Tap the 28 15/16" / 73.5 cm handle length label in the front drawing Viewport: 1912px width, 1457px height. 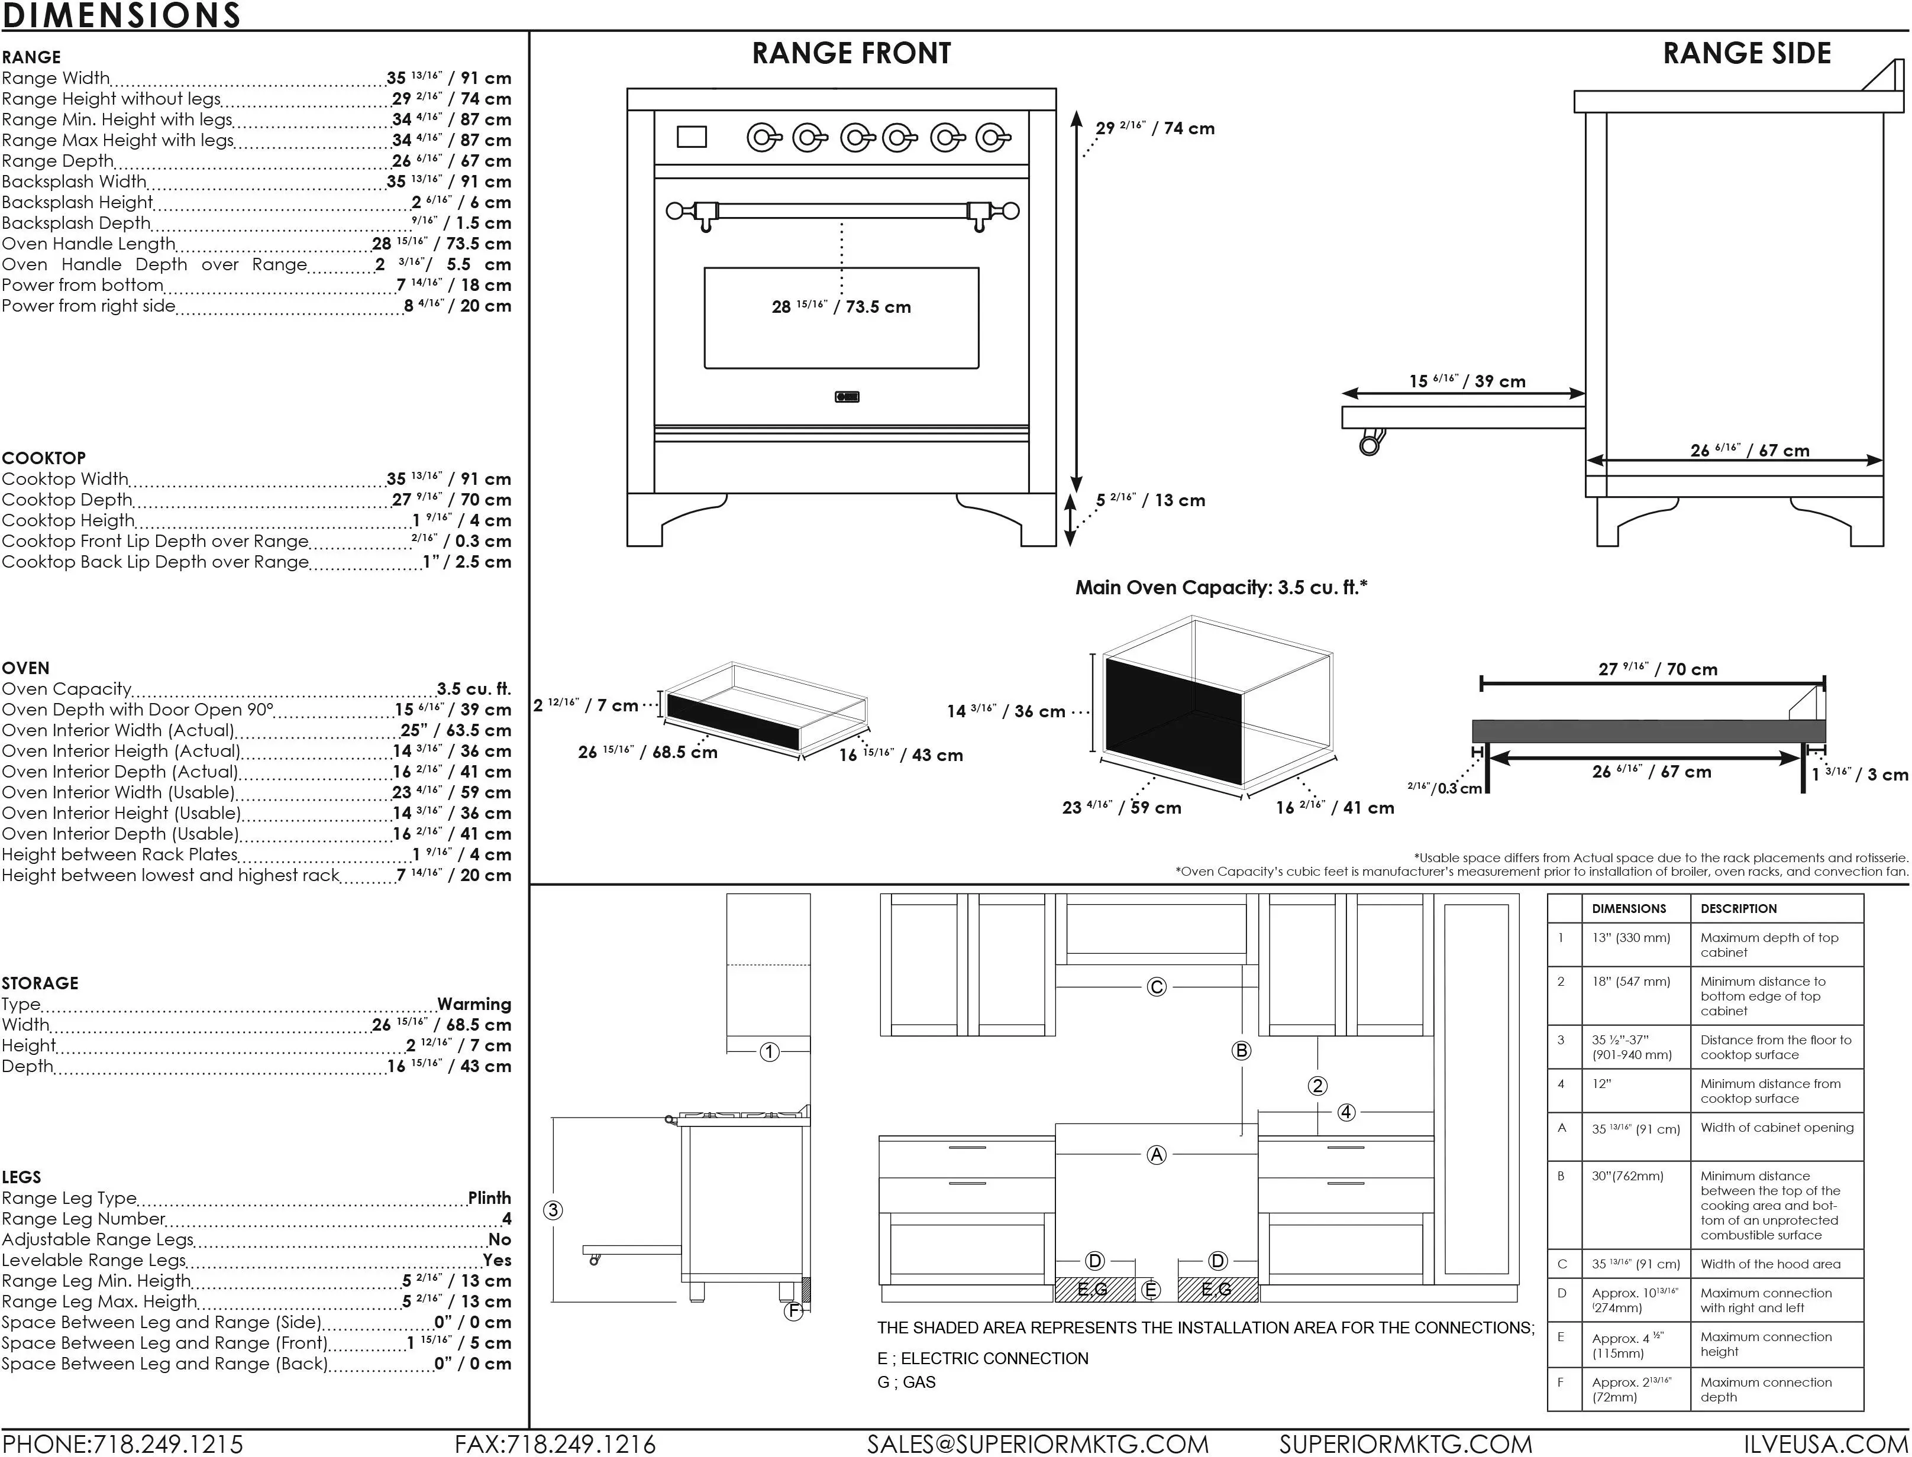(x=841, y=307)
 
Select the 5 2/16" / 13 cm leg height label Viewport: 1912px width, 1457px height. (x=1150, y=500)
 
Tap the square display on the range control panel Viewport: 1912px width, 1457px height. (x=692, y=137)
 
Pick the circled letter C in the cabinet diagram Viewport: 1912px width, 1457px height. (x=1157, y=987)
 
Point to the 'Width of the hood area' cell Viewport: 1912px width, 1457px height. (x=1771, y=1264)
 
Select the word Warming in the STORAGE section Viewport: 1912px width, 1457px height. (x=474, y=1004)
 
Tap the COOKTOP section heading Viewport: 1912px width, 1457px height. (x=43, y=458)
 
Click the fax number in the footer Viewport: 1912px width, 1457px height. (x=555, y=1444)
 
